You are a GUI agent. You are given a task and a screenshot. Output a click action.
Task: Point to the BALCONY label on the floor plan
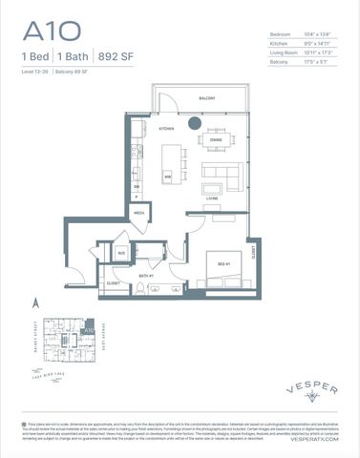205,98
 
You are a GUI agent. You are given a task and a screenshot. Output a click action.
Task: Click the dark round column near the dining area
194,122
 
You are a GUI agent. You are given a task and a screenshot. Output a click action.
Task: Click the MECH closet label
138,212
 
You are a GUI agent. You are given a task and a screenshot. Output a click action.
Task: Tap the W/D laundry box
121,253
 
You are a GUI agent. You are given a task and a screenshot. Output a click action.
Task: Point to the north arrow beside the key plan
35,303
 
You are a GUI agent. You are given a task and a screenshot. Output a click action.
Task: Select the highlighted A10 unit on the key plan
88,328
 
